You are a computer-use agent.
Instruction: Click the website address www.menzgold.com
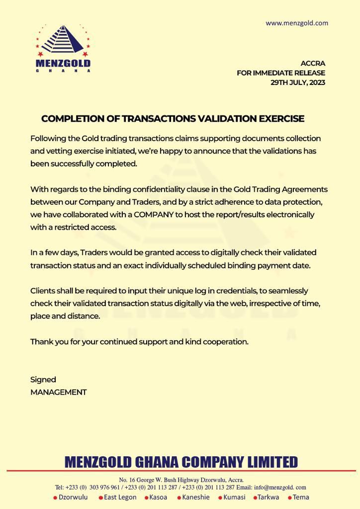[297, 23]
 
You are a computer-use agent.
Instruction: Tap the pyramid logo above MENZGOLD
[63, 41]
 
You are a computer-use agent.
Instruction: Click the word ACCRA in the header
[313, 64]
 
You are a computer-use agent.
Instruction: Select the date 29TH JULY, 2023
[298, 83]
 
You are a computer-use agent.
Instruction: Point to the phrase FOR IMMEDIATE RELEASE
[281, 73]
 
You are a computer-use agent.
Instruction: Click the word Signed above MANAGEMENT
[43, 380]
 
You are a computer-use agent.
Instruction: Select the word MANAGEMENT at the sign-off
[59, 392]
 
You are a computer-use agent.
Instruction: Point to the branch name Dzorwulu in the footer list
[73, 497]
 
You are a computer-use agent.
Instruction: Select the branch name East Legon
[120, 497]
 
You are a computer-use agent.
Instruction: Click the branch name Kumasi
[234, 497]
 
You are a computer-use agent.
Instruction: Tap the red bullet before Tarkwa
[255, 498]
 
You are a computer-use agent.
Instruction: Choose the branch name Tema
[301, 497]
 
